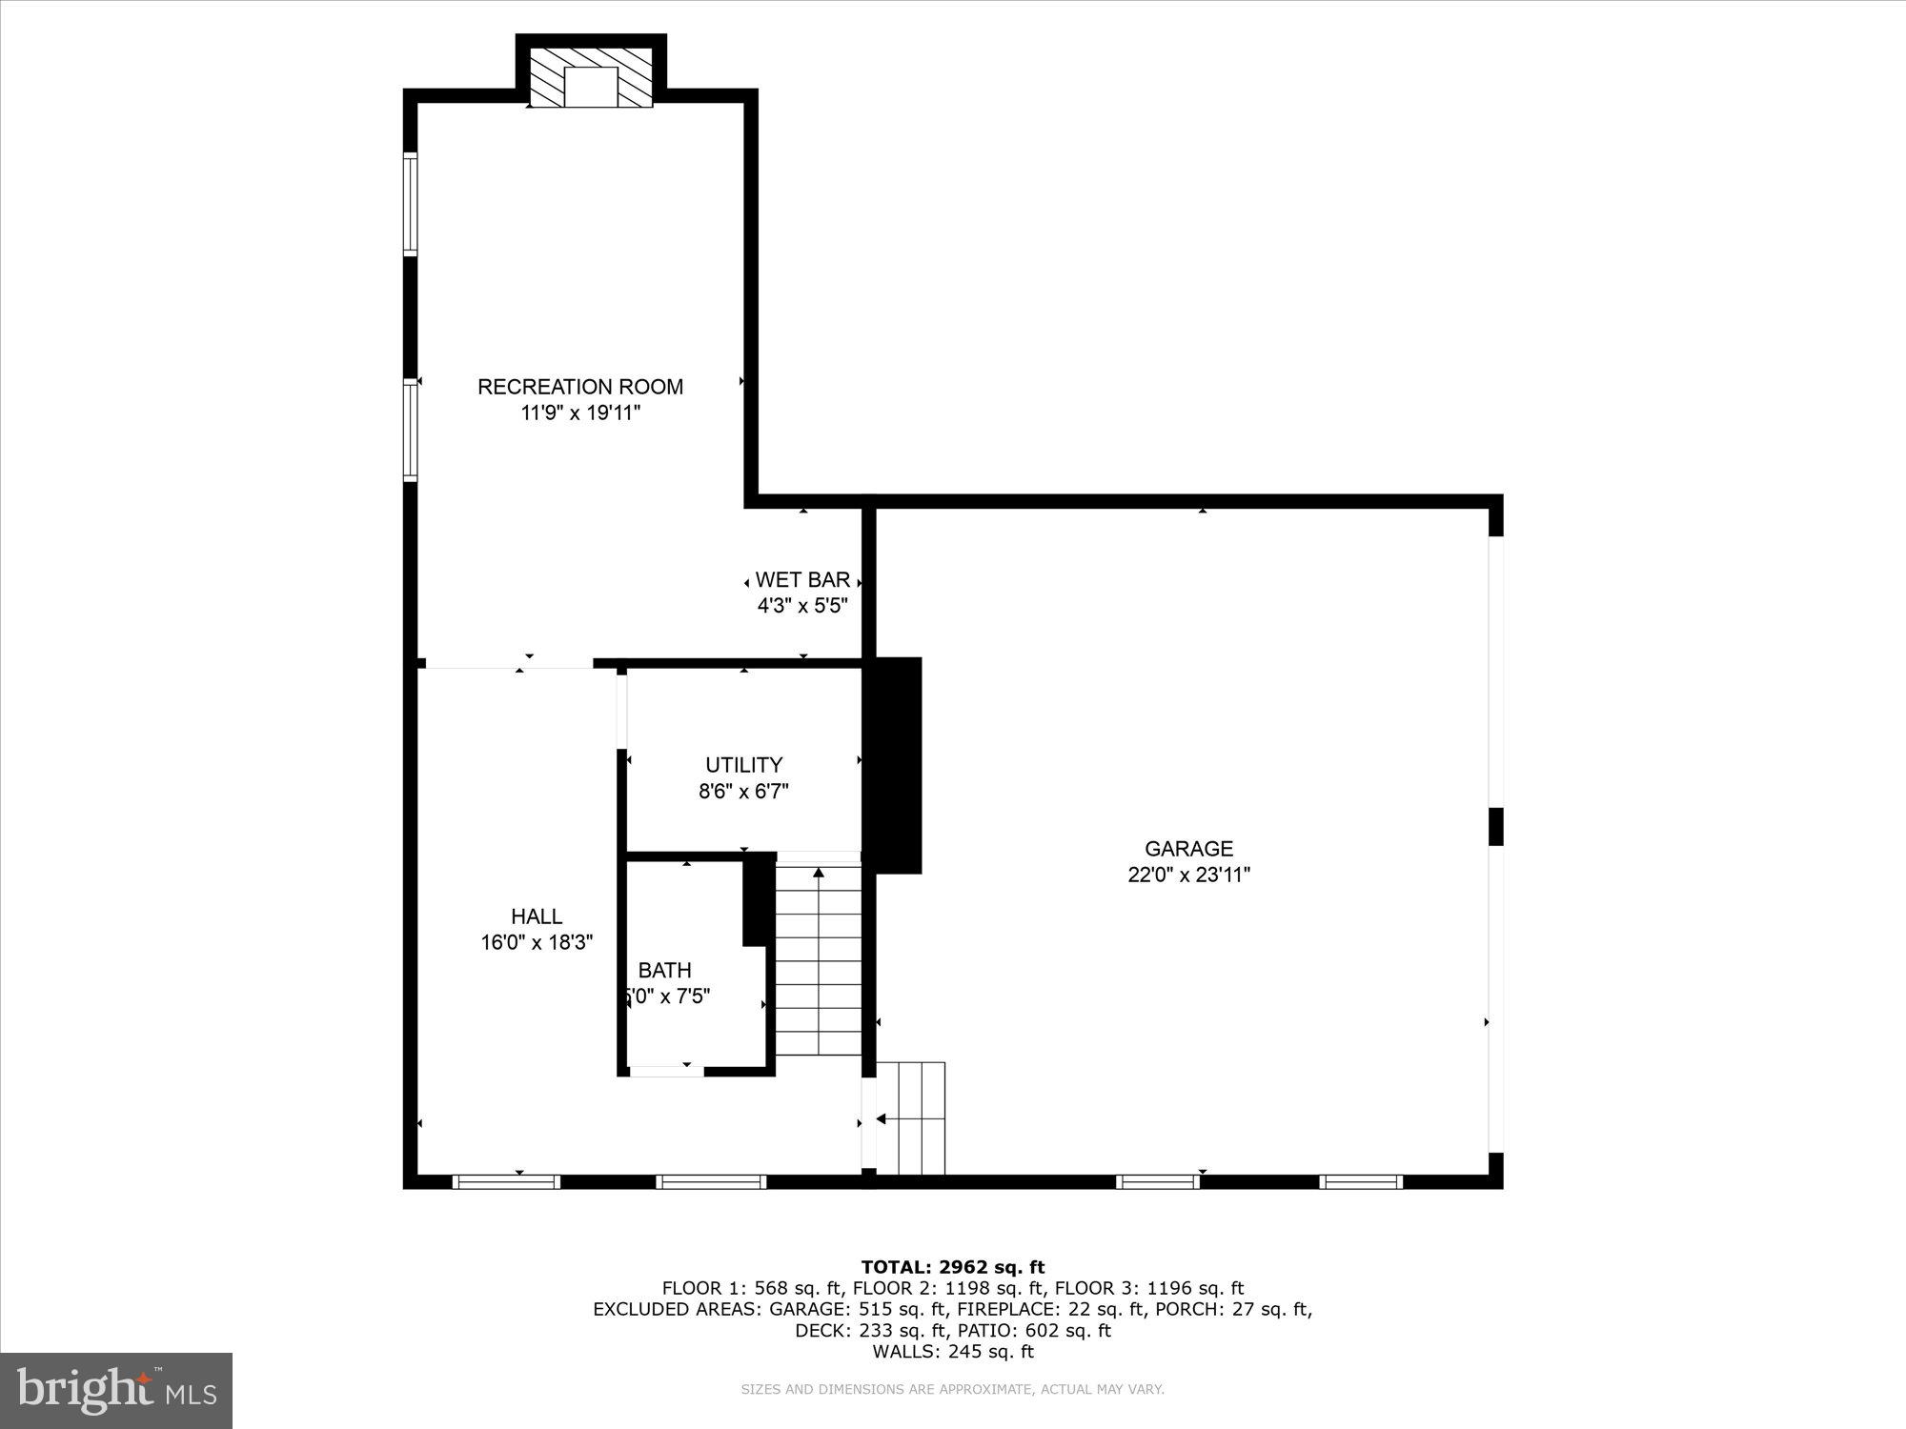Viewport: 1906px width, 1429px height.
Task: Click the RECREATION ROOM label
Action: pyautogui.click(x=579, y=387)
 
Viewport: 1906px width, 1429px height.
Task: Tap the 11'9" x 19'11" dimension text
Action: pyautogui.click(x=579, y=413)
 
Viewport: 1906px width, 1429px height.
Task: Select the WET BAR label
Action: pyautogui.click(x=802, y=580)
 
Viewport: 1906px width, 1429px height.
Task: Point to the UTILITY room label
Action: pyautogui.click(x=743, y=765)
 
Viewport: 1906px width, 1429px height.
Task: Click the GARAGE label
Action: pyautogui.click(x=1188, y=849)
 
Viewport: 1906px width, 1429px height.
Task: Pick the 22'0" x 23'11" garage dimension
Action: pyautogui.click(x=1188, y=876)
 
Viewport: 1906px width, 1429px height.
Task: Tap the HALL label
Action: pyautogui.click(x=537, y=916)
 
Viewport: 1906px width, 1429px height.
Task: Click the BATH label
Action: pyautogui.click(x=664, y=971)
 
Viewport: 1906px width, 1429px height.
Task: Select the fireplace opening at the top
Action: pyautogui.click(x=591, y=87)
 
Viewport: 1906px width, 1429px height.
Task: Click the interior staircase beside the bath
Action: pyautogui.click(x=818, y=962)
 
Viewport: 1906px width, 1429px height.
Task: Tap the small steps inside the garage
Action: pyautogui.click(x=911, y=1118)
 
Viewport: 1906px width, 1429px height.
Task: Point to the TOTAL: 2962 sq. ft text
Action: pyautogui.click(x=952, y=1267)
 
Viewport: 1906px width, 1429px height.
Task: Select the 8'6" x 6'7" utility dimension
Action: pyautogui.click(x=743, y=792)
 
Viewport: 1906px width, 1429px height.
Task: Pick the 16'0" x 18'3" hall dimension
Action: pyautogui.click(x=537, y=943)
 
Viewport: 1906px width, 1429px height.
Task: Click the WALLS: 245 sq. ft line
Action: pyautogui.click(x=952, y=1351)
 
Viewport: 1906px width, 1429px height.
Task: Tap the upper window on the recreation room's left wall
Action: pyautogui.click(x=411, y=203)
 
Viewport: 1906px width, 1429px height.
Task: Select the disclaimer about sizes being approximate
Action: pyautogui.click(x=952, y=1390)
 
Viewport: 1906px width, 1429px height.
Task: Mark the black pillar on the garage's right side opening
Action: pyautogui.click(x=1495, y=826)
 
